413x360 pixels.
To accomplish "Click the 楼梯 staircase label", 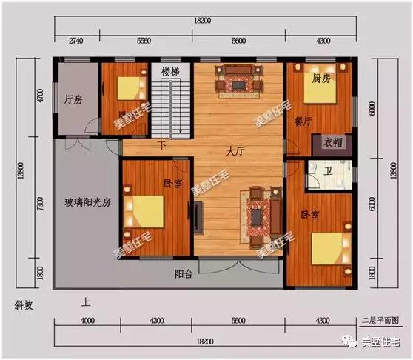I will (x=172, y=71).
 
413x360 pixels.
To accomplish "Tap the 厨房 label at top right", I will (x=320, y=78).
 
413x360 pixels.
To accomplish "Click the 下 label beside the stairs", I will (x=162, y=145).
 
